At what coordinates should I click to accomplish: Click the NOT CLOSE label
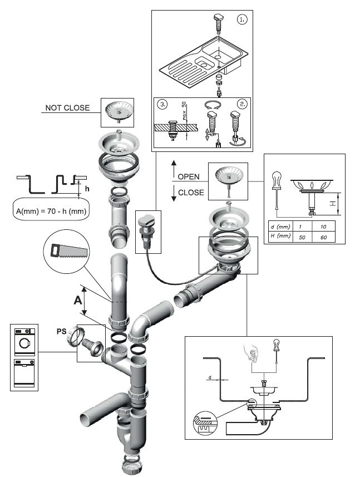(x=67, y=107)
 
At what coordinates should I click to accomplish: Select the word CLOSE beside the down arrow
(x=191, y=193)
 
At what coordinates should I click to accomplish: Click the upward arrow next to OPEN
(x=173, y=169)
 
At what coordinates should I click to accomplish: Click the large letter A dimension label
(x=78, y=301)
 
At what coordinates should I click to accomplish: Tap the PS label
(x=62, y=332)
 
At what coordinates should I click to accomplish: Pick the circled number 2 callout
(x=241, y=104)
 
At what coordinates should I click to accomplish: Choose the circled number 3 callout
(x=161, y=104)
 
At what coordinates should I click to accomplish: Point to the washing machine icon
(x=24, y=342)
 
